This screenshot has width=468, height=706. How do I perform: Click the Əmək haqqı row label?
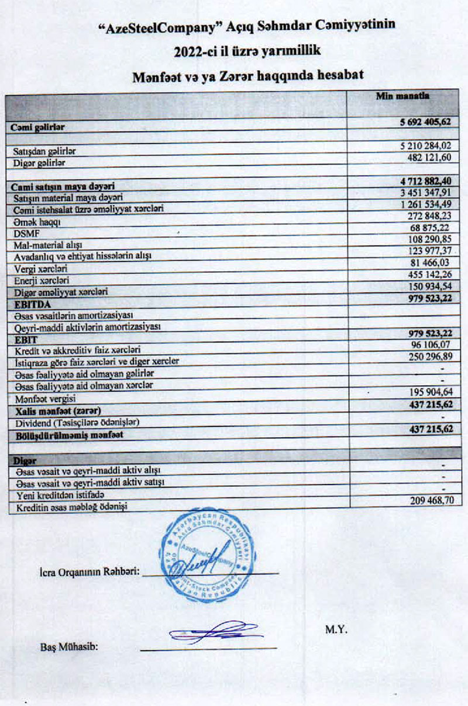[29, 223]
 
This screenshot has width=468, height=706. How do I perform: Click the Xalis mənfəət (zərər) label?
[50, 411]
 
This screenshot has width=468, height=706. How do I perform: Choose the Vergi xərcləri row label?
[37, 269]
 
